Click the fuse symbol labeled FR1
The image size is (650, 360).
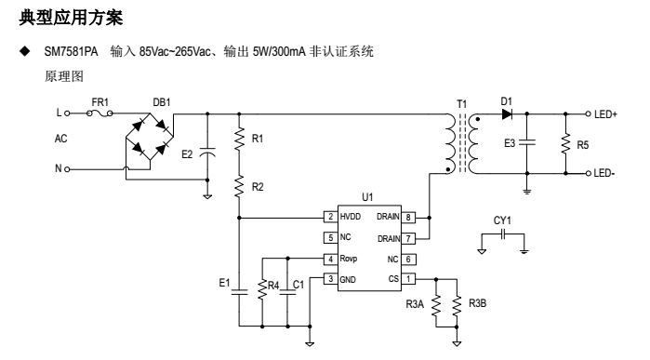pyautogui.click(x=100, y=113)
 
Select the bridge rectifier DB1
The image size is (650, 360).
pyautogui.click(x=149, y=142)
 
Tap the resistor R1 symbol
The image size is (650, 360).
pyautogui.click(x=240, y=138)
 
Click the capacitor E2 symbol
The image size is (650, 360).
pyautogui.click(x=206, y=153)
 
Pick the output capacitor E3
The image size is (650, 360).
pyautogui.click(x=527, y=143)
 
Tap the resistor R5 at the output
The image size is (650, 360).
pyautogui.click(x=565, y=143)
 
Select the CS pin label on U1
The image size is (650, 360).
pyautogui.click(x=393, y=278)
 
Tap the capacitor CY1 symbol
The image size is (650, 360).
pyautogui.click(x=502, y=236)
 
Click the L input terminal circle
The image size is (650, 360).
pyautogui.click(x=69, y=113)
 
